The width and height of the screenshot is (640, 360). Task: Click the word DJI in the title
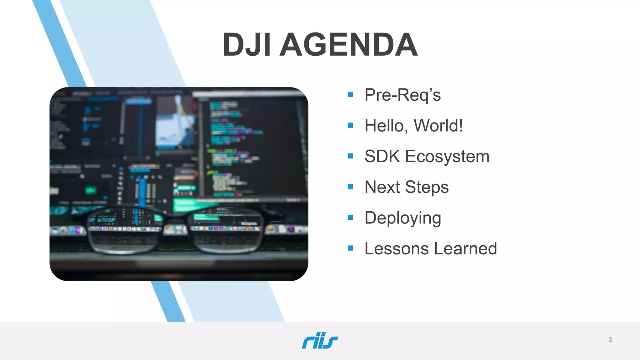pos(247,45)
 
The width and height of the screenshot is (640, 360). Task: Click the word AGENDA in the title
pos(348,45)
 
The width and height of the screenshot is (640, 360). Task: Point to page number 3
pos(610,340)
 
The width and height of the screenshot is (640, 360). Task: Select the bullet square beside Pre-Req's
pos(350,94)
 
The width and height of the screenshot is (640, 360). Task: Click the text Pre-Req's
pos(402,95)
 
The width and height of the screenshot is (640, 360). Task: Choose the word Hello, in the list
pos(387,126)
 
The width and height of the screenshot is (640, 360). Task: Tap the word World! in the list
pos(438,126)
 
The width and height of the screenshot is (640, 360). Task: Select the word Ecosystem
pos(447,157)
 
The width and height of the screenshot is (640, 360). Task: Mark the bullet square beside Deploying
pos(350,217)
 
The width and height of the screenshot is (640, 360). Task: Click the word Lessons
pos(397,249)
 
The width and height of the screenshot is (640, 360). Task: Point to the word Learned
pos(465,249)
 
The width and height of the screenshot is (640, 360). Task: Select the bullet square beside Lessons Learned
pos(350,248)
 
